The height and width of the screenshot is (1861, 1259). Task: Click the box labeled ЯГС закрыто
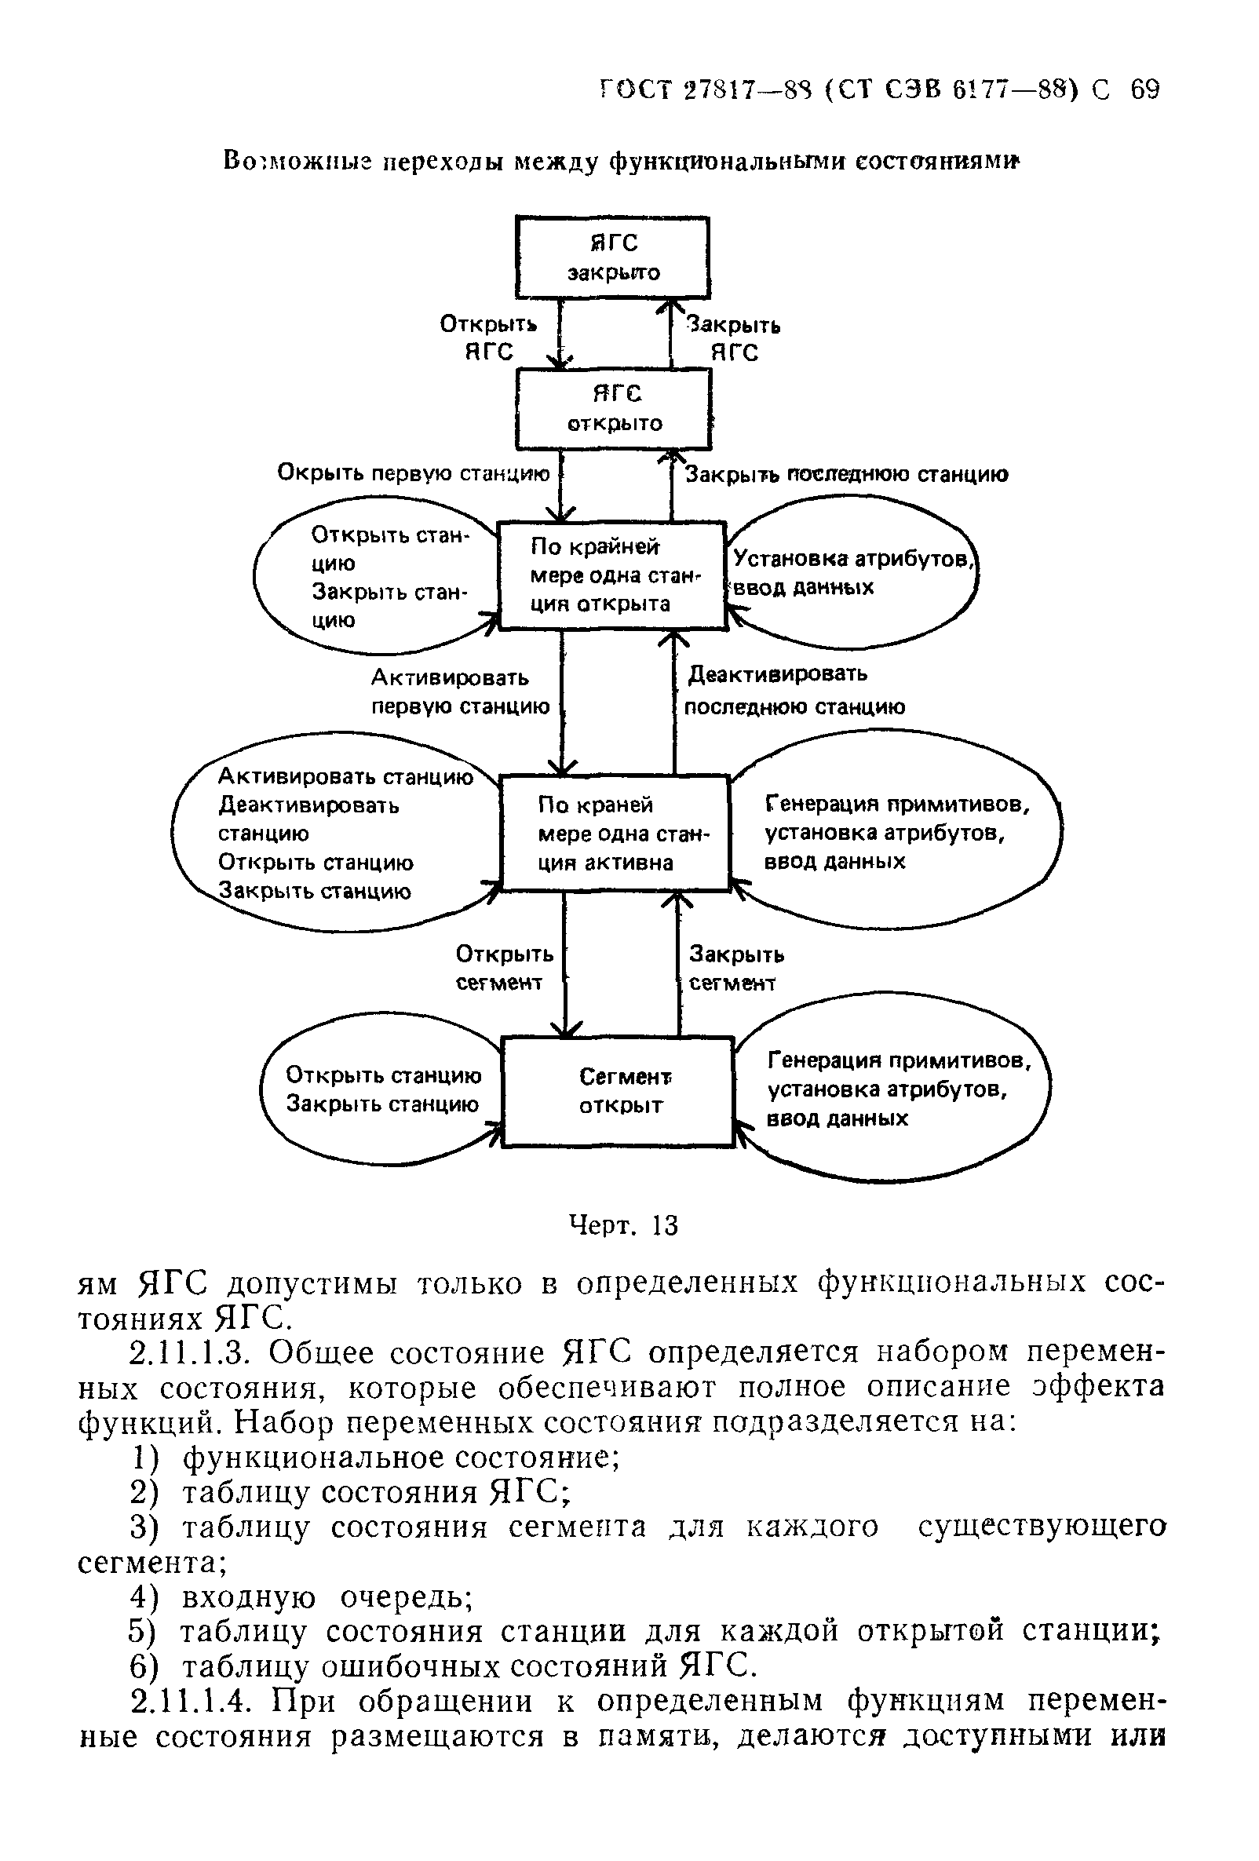point(613,257)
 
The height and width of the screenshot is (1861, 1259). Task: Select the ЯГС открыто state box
point(614,408)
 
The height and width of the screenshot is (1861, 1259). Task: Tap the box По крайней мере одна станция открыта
point(612,575)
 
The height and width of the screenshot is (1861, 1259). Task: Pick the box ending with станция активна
point(615,833)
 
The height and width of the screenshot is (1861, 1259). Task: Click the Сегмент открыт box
point(618,1091)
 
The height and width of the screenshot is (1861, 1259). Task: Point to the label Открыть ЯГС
point(487,338)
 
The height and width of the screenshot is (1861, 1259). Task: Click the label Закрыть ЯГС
point(734,339)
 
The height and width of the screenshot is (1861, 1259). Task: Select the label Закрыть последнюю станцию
point(847,475)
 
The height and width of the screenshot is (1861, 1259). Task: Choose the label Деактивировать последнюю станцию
point(794,690)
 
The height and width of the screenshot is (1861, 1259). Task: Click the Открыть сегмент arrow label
point(504,968)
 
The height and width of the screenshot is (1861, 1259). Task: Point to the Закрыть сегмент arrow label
point(735,968)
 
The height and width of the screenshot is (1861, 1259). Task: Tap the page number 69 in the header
point(1144,89)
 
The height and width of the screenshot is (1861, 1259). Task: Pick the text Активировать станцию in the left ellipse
point(345,777)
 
